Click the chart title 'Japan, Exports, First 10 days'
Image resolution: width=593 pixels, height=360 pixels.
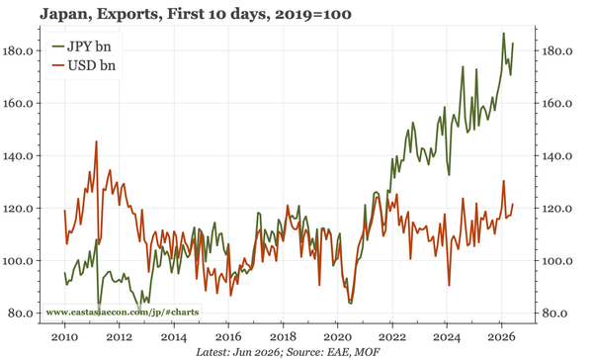155,14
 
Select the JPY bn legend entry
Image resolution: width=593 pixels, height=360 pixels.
82,46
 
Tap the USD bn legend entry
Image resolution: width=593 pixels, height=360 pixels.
84,65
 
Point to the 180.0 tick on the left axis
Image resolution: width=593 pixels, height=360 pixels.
19,51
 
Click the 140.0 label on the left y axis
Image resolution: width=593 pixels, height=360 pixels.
19,156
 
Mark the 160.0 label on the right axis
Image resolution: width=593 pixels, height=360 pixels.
556,103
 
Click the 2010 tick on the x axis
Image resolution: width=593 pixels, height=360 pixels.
64,336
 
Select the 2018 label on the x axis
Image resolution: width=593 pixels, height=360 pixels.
283,336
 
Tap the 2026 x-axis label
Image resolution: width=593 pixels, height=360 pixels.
501,336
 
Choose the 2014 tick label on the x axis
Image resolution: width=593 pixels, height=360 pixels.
174,336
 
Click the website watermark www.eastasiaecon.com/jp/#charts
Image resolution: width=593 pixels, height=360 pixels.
123,313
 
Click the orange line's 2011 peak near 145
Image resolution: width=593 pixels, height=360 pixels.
97,141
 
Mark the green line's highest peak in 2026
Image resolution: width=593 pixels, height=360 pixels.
503,34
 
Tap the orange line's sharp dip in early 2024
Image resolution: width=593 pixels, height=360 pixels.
449,285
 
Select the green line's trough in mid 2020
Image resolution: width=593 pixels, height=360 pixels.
351,304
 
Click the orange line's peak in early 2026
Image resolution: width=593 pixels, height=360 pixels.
503,181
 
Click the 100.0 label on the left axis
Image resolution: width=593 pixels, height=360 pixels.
19,261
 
